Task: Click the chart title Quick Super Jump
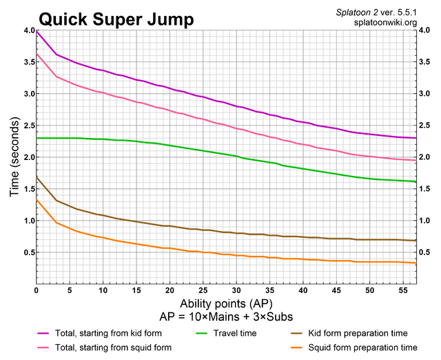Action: (107, 18)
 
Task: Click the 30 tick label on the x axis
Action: (236, 291)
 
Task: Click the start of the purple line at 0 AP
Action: (37, 32)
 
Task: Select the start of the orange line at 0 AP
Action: (37, 200)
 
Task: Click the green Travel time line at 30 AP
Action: (236, 157)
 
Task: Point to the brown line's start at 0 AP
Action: (37, 178)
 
